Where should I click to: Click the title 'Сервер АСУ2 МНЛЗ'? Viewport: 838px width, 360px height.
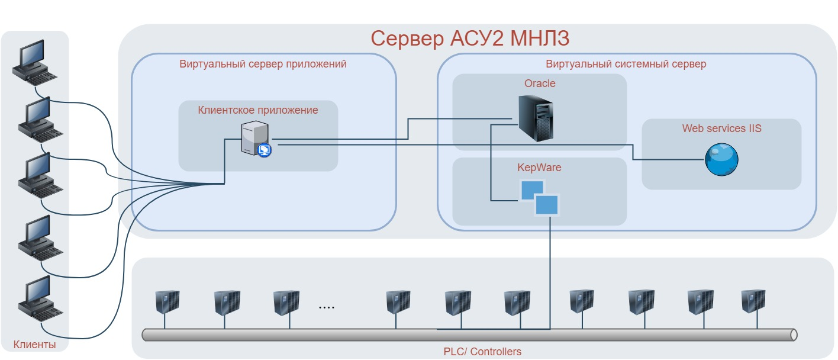point(470,39)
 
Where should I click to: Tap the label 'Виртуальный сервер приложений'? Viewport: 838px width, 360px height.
point(263,64)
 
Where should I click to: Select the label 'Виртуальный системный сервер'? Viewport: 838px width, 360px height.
point(626,64)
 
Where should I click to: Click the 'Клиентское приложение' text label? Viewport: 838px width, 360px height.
point(257,110)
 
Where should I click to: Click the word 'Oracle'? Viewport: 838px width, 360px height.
point(540,83)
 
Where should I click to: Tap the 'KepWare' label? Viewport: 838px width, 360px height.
point(539,168)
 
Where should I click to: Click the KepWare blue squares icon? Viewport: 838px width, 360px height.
point(539,197)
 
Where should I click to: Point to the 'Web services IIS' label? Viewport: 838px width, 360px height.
point(721,128)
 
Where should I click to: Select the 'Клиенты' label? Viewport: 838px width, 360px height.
point(34,345)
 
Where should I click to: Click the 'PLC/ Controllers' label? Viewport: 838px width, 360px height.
point(482,352)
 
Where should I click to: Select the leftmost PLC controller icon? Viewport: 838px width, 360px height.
point(166,302)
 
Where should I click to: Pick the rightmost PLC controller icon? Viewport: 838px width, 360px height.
point(753,301)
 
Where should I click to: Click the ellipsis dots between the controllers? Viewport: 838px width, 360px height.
point(326,307)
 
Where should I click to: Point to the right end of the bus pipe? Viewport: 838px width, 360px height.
point(793,335)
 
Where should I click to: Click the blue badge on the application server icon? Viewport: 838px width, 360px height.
point(265,150)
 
